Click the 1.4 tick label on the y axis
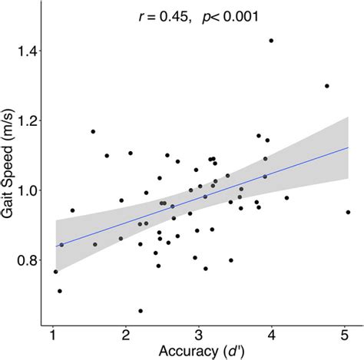pos(27,51)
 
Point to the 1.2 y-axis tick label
pos(27,121)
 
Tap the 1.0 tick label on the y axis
pos(27,190)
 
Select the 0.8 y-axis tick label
pos(27,260)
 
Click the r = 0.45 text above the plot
pos(162,16)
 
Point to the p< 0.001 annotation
pos(231,16)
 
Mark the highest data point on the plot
pos(271,41)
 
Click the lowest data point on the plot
pos(141,311)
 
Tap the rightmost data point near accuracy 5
pos(348,212)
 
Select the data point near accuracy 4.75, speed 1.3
pos(327,86)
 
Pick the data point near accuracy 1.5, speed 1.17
pos(93,131)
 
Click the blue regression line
pos(200,197)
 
